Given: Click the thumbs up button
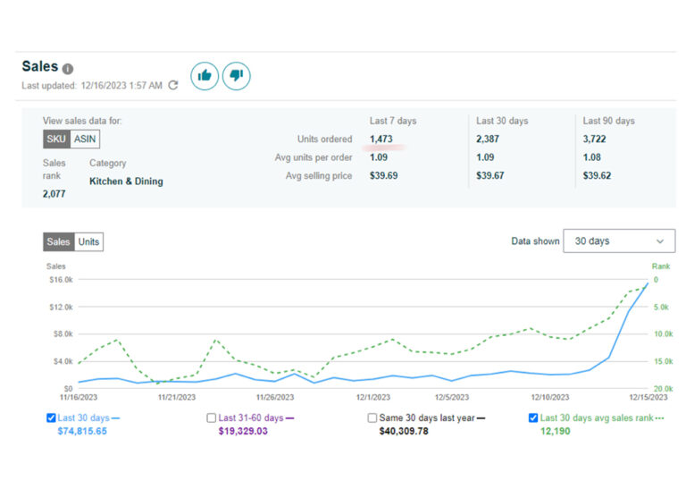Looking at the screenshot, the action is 205,76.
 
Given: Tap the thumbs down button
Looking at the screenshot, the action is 236,76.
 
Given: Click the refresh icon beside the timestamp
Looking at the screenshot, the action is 173,85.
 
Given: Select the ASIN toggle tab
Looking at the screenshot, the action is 85,139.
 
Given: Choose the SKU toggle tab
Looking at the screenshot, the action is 56,139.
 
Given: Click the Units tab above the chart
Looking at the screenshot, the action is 88,241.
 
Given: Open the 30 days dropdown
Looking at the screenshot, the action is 619,240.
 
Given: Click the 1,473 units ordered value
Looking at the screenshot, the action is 381,139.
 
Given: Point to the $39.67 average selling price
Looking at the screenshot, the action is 490,175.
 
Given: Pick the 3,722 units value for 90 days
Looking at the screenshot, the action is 594,139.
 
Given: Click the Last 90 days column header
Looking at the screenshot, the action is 608,121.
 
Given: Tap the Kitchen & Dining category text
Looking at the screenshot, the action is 126,181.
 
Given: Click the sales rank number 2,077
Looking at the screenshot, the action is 54,194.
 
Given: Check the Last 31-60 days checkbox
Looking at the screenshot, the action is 212,418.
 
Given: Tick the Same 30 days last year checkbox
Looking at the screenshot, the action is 372,418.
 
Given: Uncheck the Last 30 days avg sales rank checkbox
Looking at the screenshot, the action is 533,418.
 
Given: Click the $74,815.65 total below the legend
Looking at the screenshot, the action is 82,431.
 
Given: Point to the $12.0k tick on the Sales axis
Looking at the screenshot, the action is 62,307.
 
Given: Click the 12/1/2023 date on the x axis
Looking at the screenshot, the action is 372,397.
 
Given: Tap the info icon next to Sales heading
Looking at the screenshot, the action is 67,69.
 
